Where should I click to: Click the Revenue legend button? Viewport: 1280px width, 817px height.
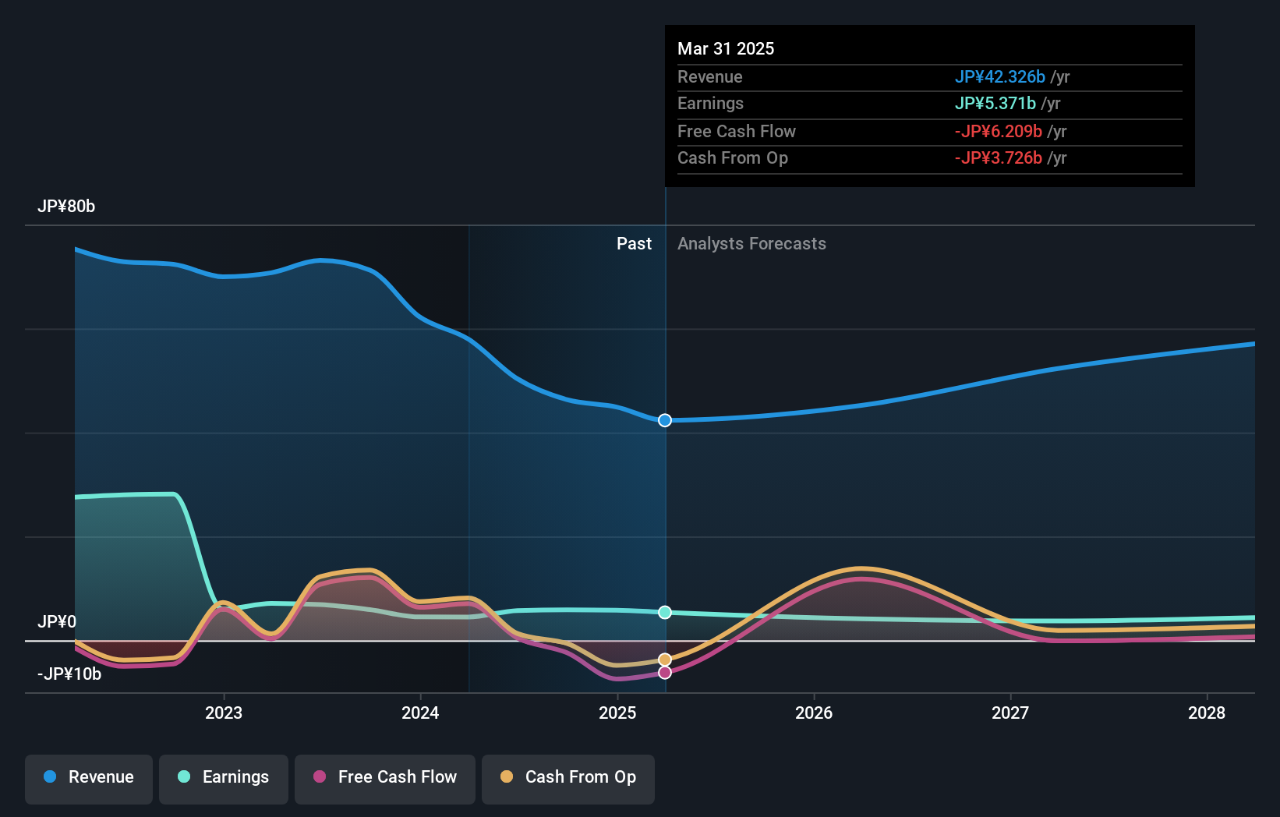(x=89, y=777)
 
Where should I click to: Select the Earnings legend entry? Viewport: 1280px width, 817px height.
(x=224, y=777)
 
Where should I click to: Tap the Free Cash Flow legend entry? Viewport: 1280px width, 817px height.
(x=385, y=777)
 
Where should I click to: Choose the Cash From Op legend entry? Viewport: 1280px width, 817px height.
(x=568, y=777)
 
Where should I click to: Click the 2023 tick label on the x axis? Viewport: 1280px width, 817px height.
(x=224, y=713)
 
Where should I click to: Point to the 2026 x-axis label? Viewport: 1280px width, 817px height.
(x=814, y=713)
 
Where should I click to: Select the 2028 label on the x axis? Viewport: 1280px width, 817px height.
(x=1207, y=713)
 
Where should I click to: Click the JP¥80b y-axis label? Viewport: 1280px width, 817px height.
(x=66, y=207)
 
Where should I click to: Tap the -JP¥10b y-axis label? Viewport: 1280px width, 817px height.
(x=69, y=674)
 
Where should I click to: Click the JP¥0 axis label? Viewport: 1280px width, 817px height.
(x=57, y=622)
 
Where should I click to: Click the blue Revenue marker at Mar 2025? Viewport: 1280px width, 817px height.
(x=665, y=420)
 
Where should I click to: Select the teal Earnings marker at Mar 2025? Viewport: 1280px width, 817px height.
(x=665, y=613)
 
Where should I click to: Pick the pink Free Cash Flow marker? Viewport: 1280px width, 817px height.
(x=665, y=672)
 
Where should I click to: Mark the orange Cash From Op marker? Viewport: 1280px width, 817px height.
(x=665, y=660)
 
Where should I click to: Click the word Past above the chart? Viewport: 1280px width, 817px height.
(x=634, y=244)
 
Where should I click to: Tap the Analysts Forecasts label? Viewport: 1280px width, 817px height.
(x=751, y=244)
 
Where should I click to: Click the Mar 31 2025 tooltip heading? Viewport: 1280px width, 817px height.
(x=726, y=49)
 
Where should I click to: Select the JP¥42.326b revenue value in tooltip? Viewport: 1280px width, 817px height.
(x=1000, y=77)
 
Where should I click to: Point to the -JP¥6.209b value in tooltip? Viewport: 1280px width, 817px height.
(x=999, y=132)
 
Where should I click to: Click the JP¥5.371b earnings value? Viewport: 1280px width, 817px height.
(x=995, y=104)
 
